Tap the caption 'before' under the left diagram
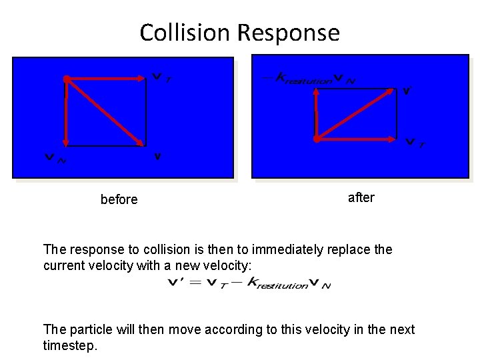pos(119,199)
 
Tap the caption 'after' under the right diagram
pos(361,197)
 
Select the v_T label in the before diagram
pos(161,78)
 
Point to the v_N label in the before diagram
pos(53,158)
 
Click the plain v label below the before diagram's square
pos(158,157)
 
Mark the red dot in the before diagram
pos(67,79)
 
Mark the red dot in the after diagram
pos(317,139)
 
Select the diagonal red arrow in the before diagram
pos(105,112)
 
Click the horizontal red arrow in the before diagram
pos(107,79)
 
